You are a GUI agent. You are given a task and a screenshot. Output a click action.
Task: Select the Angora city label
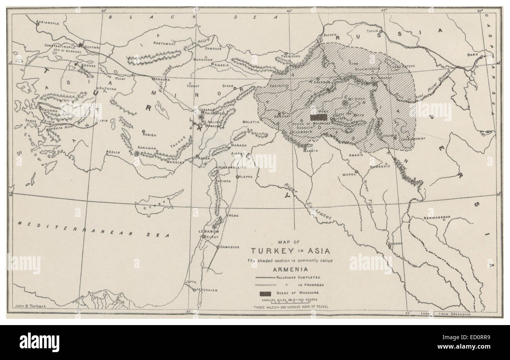point(162,79)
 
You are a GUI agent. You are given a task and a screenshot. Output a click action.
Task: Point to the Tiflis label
point(371,30)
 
